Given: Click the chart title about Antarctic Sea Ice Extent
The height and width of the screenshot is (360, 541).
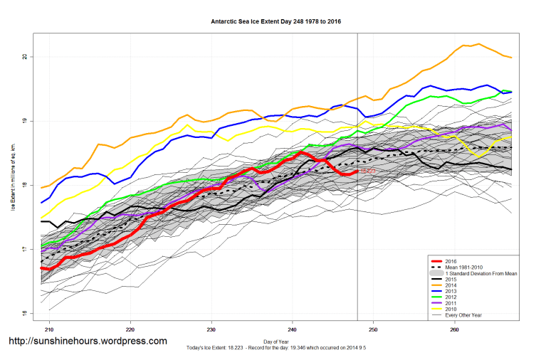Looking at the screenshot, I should (x=275, y=21).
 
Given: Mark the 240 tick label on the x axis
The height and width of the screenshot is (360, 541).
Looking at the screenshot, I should (x=292, y=330).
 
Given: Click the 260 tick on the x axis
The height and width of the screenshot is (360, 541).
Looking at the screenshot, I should (x=453, y=330).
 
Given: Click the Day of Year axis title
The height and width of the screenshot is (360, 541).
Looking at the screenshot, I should (x=275, y=342).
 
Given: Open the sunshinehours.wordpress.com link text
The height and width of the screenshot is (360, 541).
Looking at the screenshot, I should (x=88, y=342).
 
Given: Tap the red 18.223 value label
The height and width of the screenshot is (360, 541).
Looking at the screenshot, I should (x=367, y=171).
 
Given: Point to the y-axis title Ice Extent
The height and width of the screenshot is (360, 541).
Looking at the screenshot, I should (x=13, y=185).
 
